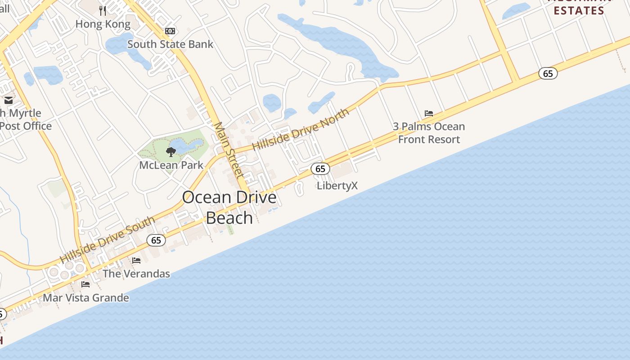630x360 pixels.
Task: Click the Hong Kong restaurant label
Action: coord(103,24)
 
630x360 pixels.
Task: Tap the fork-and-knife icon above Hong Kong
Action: coord(103,10)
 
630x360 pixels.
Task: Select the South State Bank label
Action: coord(170,44)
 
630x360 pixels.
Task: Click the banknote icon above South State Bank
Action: coord(170,31)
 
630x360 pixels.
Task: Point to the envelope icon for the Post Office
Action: coord(9,100)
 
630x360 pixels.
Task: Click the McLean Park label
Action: coord(171,165)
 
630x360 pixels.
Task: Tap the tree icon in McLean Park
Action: coord(171,152)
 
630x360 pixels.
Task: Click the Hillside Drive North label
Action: coord(300,130)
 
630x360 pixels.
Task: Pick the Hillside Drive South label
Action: coord(108,240)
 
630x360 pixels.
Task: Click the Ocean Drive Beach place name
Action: coord(229,207)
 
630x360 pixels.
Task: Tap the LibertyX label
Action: coord(337,185)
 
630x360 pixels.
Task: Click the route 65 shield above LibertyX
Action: coord(320,169)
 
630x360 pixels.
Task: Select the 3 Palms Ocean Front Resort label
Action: coord(429,133)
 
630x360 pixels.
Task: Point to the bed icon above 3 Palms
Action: coord(429,113)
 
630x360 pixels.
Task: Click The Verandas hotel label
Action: coord(136,274)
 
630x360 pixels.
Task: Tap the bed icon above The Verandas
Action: coord(136,260)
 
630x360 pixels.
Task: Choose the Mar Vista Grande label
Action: coord(86,297)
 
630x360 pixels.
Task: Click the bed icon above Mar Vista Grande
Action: coord(85,284)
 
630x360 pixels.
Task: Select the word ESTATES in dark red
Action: coord(579,10)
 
